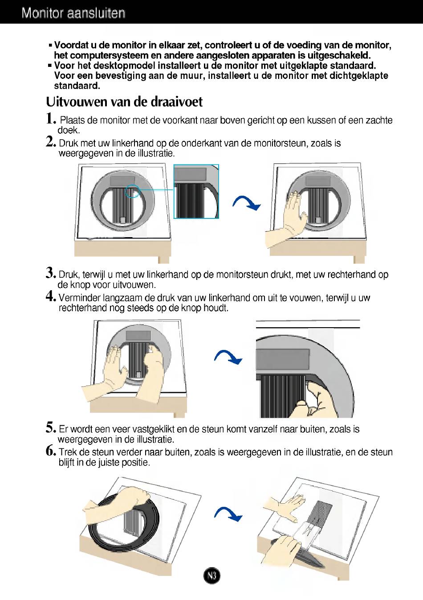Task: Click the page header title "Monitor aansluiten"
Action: click(73, 13)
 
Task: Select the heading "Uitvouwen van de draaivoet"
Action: click(124, 102)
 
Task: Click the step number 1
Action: click(51, 119)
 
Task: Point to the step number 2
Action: click(51, 142)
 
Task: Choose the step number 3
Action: click(51, 273)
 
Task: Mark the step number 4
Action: click(51, 296)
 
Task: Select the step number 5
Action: click(51, 427)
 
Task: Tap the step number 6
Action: click(51, 451)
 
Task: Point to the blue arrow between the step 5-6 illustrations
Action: click(228, 514)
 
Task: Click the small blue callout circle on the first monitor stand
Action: click(132, 191)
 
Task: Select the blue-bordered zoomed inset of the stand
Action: click(196, 191)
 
